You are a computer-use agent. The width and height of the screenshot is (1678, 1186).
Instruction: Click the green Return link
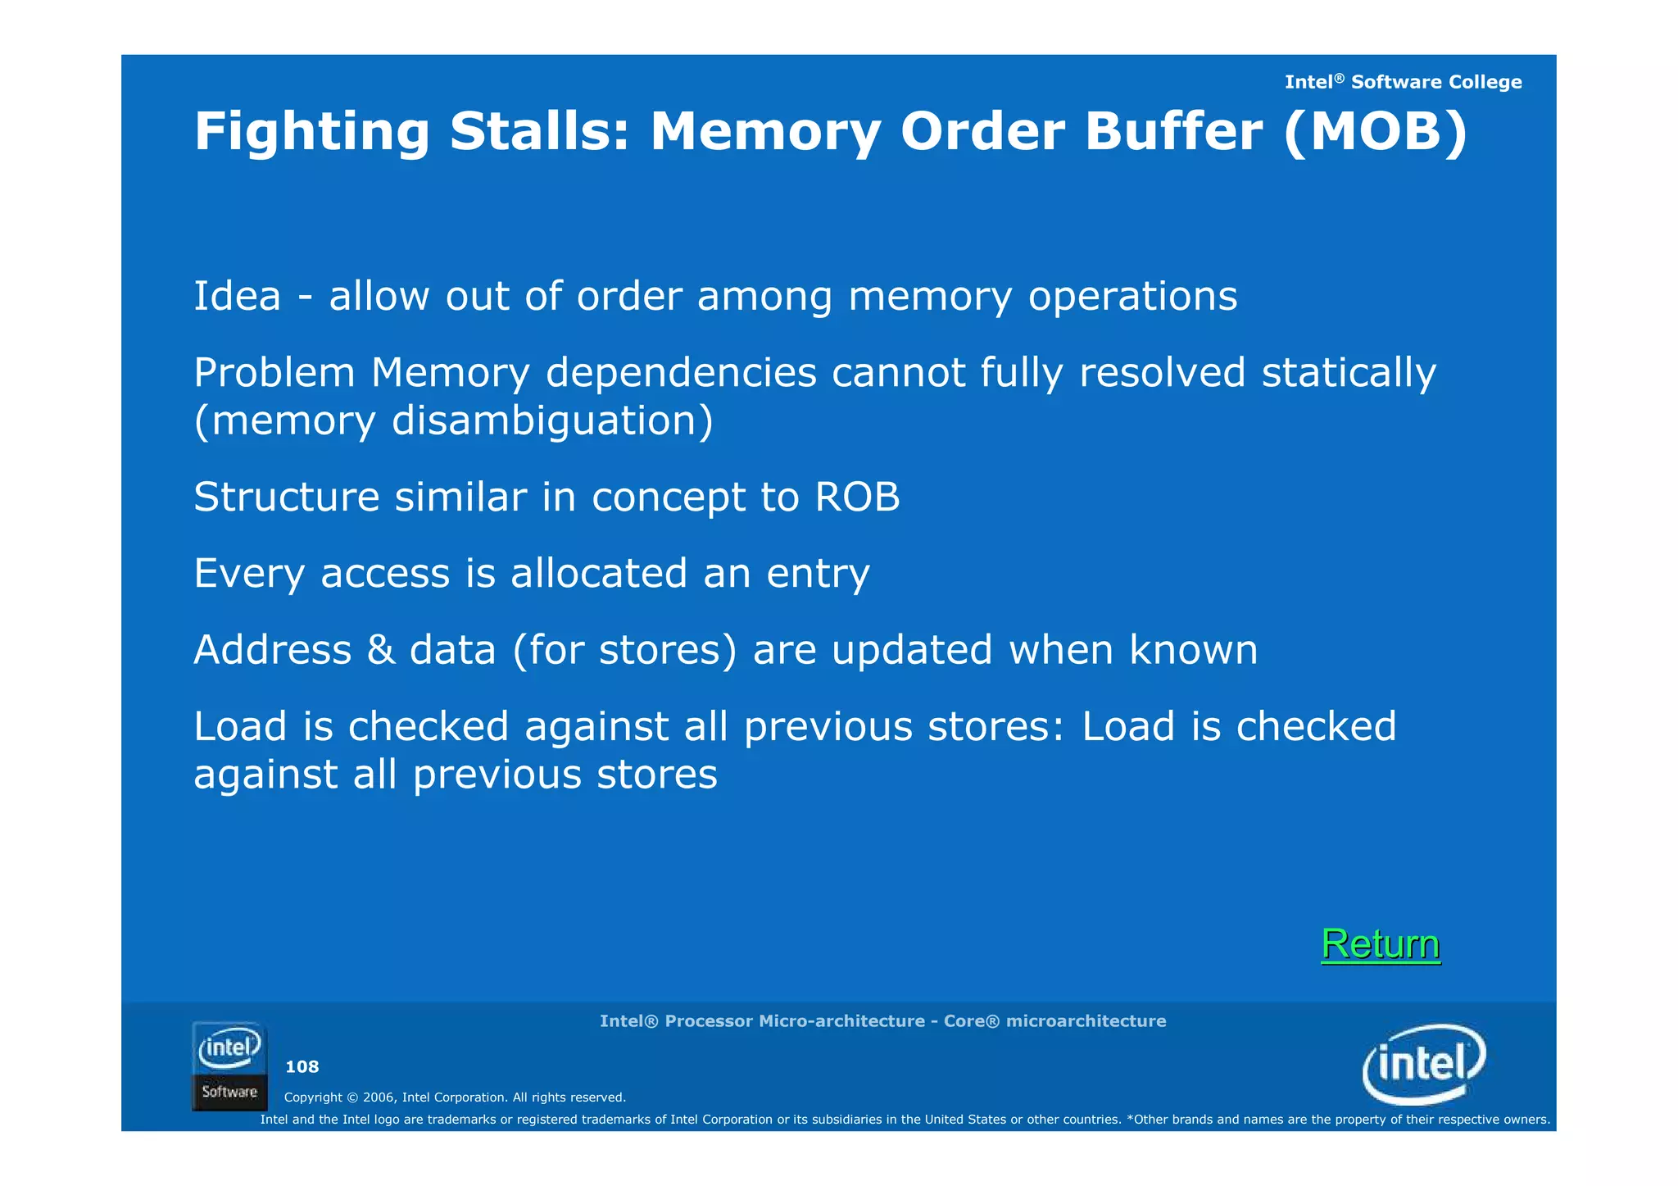tap(1381, 944)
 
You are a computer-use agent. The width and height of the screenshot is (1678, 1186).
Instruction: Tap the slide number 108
tap(302, 1066)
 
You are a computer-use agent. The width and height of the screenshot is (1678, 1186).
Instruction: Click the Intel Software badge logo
tap(229, 1066)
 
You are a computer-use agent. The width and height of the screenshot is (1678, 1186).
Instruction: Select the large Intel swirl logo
tap(1424, 1064)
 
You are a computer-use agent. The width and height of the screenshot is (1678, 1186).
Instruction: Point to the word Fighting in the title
tap(311, 133)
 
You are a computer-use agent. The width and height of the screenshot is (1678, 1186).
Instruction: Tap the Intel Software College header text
tap(1403, 82)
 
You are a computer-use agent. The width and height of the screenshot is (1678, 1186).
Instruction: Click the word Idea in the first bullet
tap(237, 296)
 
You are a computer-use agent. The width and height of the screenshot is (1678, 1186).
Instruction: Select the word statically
tap(1349, 374)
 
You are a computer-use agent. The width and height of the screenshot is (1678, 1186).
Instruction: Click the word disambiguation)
tap(552, 420)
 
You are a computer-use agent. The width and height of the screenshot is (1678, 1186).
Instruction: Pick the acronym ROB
tap(857, 497)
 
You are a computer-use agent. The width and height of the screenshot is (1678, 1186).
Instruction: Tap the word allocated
tap(599, 573)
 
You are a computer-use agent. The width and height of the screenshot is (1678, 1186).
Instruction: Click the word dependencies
tap(681, 373)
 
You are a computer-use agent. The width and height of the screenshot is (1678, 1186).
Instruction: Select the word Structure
tap(287, 497)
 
